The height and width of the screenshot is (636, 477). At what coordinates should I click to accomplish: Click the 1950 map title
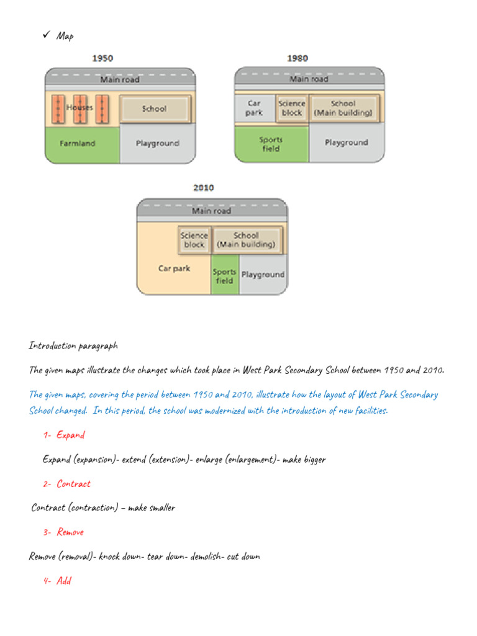[102, 58]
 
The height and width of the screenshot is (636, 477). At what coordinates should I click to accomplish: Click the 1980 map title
[297, 58]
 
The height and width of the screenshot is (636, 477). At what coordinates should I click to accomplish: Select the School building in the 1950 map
[154, 109]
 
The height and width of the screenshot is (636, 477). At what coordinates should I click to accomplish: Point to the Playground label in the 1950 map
[157, 143]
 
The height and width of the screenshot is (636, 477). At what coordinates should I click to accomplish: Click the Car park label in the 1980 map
[254, 108]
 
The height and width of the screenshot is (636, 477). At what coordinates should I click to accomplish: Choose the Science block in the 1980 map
[291, 108]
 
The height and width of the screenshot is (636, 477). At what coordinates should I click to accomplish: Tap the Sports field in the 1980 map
[271, 144]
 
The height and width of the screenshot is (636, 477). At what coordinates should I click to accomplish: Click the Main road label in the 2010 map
[211, 211]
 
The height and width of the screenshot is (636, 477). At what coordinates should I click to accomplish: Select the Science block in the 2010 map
[194, 240]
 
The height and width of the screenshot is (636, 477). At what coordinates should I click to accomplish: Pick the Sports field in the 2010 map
[224, 276]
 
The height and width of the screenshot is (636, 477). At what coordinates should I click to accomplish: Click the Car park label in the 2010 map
[174, 269]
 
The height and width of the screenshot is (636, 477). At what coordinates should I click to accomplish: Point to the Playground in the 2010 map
[263, 275]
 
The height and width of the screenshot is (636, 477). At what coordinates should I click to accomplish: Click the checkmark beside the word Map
[46, 35]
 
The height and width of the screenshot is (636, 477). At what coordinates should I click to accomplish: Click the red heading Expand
[70, 435]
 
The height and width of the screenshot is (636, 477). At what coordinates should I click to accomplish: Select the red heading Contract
[73, 484]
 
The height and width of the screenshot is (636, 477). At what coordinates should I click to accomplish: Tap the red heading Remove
[70, 532]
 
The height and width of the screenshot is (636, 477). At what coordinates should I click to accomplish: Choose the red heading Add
[64, 581]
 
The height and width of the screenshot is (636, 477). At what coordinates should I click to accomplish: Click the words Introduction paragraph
[73, 345]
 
